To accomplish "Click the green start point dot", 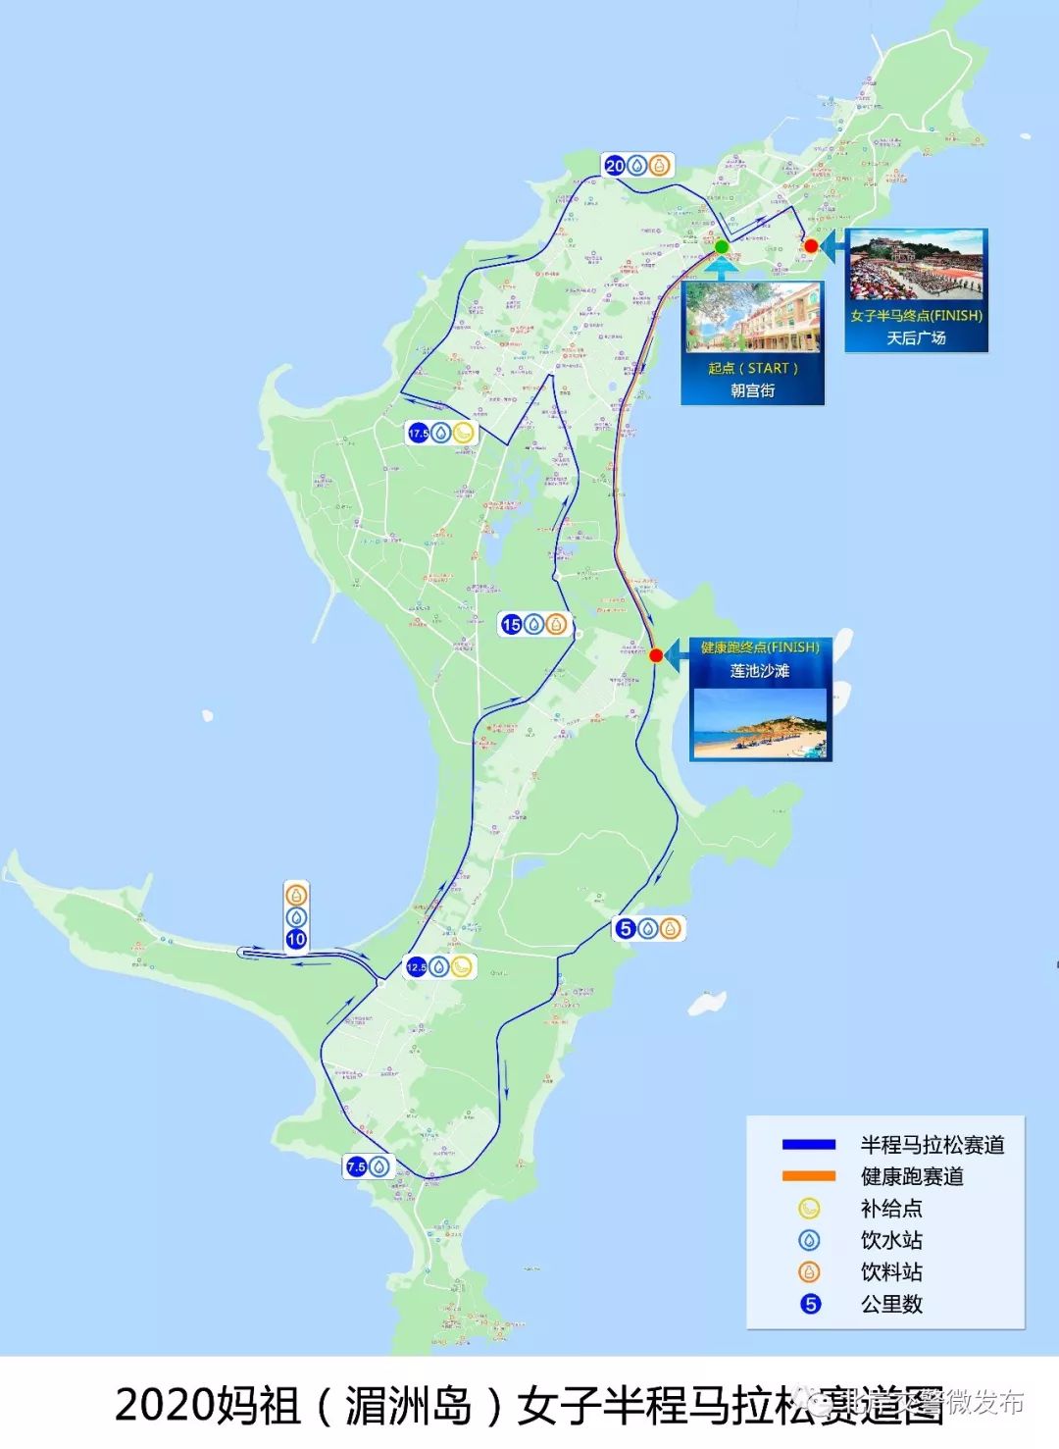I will tap(722, 246).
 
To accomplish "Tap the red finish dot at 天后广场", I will tap(811, 245).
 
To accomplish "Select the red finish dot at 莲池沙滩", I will tap(656, 655).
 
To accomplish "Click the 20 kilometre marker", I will tap(615, 166).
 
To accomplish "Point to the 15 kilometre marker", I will tap(511, 624).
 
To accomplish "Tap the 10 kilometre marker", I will tap(296, 939).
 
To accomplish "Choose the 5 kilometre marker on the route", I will tap(626, 928).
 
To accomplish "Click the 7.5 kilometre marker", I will tap(356, 1166).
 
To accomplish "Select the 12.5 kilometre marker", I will tap(417, 967).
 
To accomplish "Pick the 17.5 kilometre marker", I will tap(419, 433).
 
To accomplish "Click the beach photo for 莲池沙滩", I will tap(760, 723).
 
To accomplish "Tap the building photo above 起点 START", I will tap(753, 318).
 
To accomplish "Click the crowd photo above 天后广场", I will tap(917, 267).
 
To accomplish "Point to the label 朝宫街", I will tap(753, 390).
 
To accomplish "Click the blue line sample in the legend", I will tap(809, 1144).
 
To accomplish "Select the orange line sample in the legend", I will tap(809, 1175).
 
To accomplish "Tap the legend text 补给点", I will tap(891, 1208).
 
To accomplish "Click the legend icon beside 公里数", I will tap(810, 1304).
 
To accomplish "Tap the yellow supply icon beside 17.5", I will tap(464, 433).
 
